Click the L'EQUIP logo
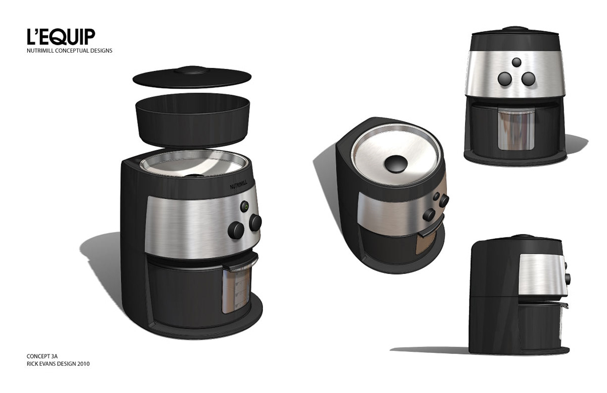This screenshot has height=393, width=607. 61,36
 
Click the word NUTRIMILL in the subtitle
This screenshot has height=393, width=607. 40,51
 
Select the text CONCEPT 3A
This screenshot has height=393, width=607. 42,356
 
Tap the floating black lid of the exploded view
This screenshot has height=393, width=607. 192,76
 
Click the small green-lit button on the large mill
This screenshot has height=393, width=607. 245,207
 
